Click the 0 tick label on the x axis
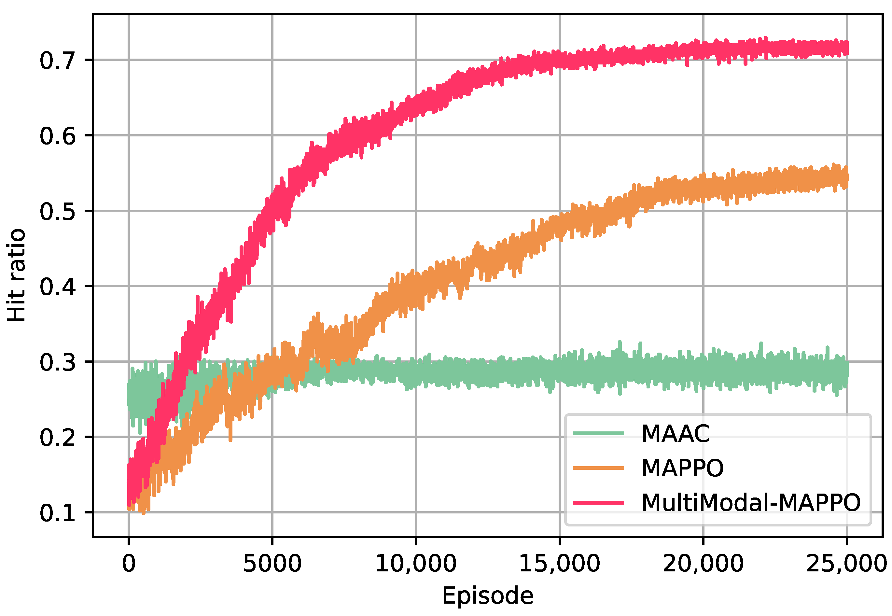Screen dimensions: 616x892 (129, 564)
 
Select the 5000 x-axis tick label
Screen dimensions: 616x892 (272, 564)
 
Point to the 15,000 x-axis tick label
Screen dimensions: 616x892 (559, 564)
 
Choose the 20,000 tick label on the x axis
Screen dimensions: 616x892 (703, 564)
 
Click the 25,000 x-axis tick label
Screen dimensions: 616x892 (846, 564)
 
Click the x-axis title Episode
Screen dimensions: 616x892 (487, 595)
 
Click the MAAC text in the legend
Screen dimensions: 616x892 (675, 433)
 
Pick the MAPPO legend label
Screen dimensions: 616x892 (682, 468)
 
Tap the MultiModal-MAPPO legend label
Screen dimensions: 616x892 (751, 502)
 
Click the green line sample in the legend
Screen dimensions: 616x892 (598, 433)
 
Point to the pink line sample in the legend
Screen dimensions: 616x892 (598, 502)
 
